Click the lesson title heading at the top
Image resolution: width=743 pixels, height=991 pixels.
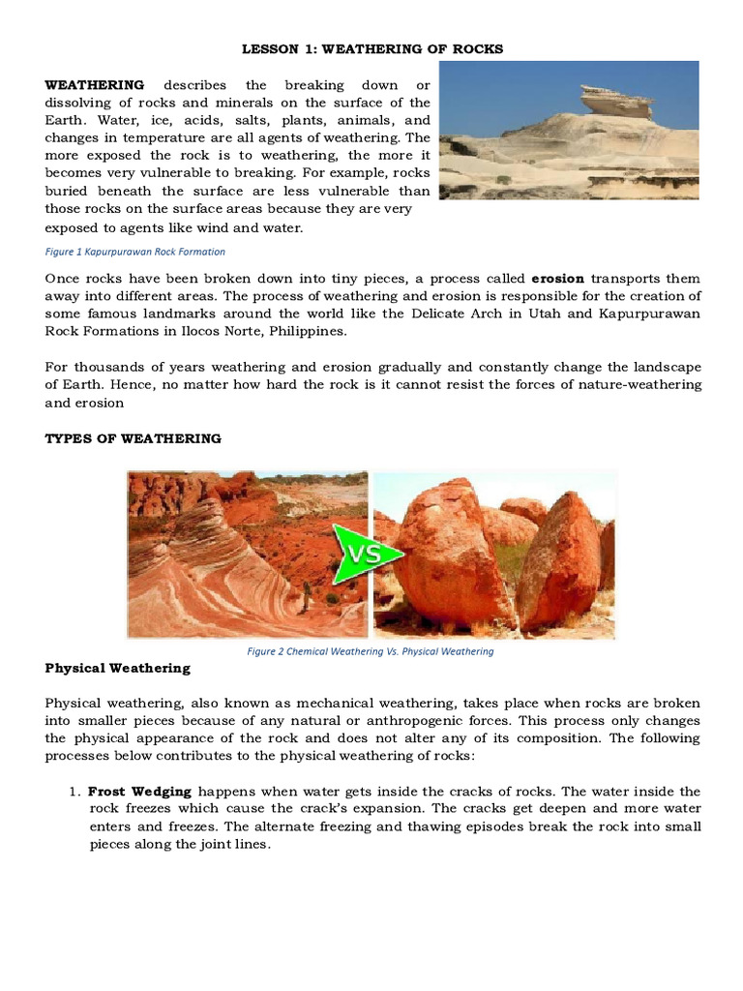click(x=371, y=48)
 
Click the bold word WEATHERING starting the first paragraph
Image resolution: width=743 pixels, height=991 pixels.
click(x=95, y=85)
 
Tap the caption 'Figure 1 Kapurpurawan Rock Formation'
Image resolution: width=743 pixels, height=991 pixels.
click(x=134, y=252)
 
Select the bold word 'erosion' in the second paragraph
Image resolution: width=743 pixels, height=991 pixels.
click(x=557, y=279)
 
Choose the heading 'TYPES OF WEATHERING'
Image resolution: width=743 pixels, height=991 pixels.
click(x=133, y=438)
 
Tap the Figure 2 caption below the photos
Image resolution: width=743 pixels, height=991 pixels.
click(x=371, y=651)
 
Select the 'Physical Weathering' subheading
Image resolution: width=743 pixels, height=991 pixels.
click(x=117, y=668)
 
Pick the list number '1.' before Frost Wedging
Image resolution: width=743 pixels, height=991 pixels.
click(x=74, y=791)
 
